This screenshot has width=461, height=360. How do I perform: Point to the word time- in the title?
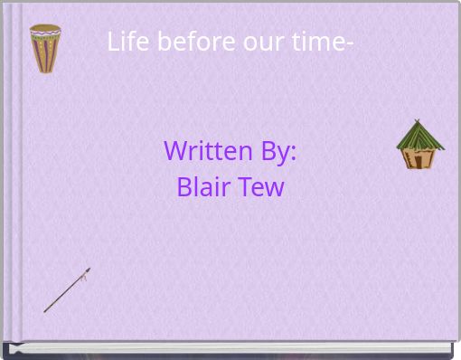click(314, 42)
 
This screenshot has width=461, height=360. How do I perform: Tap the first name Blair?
click(204, 187)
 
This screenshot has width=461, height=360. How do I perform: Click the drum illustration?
click(45, 48)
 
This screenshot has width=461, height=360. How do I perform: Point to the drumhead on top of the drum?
click(45, 28)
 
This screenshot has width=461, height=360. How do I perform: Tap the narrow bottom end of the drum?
click(45, 70)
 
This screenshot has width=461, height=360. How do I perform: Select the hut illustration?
click(419, 146)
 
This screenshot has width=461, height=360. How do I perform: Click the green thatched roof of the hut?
click(419, 137)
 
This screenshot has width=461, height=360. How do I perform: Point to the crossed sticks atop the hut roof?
click(417, 121)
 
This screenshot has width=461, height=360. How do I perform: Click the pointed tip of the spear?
click(89, 269)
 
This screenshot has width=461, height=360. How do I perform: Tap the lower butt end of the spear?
click(45, 311)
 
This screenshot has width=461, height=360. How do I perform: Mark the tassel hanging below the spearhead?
click(83, 279)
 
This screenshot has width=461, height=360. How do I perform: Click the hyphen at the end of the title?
click(349, 43)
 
